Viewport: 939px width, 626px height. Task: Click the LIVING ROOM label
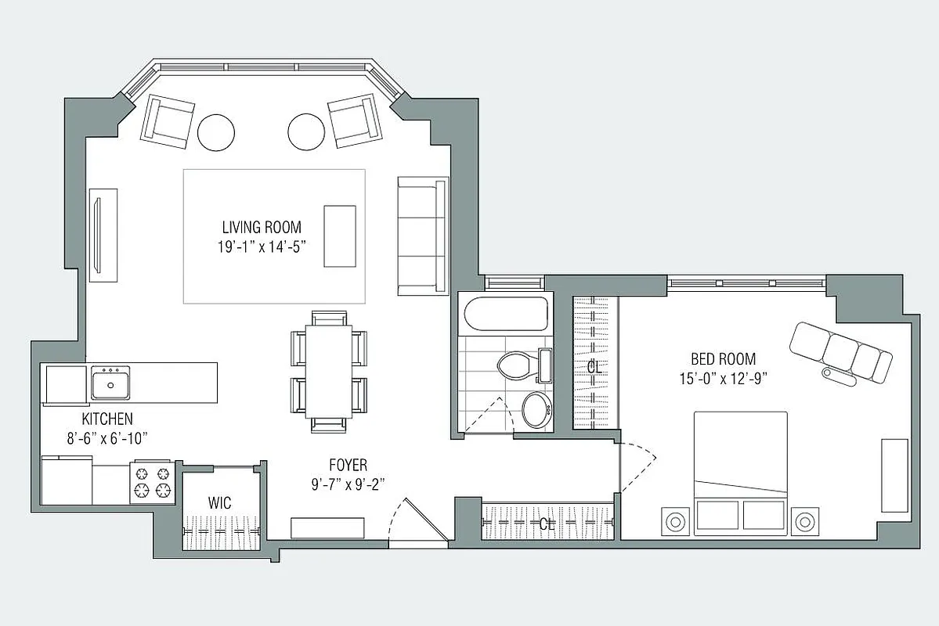261,228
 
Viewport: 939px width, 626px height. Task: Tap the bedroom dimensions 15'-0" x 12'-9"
723,379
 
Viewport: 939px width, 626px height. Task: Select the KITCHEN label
107,419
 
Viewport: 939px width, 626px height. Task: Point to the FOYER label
348,465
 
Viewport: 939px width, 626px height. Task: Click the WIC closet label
220,503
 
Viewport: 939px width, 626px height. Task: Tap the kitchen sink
110,383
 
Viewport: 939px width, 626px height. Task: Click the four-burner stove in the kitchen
152,481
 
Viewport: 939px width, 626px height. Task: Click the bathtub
507,315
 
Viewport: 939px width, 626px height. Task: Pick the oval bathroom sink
537,409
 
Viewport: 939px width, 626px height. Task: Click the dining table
328,371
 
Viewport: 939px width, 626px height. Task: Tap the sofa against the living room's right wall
422,236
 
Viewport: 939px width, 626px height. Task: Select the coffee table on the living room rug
339,236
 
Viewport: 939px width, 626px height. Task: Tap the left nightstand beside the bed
675,520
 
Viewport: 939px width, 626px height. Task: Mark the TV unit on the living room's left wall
103,235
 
